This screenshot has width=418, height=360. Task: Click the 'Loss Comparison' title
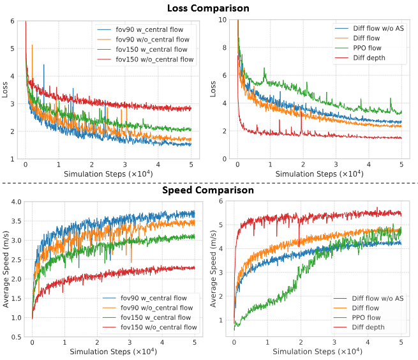tap(208, 8)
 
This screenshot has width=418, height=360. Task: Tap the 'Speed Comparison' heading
tap(208, 190)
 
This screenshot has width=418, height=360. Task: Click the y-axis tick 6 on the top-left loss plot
tap(13, 20)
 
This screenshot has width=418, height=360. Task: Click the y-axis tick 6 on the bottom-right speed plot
tap(225, 202)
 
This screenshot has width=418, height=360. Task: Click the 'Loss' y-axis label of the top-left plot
tap(6, 89)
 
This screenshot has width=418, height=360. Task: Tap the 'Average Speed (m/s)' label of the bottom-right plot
tap(216, 269)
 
